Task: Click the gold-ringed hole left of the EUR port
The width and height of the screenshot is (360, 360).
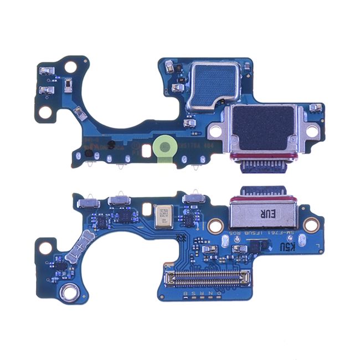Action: click(216, 225)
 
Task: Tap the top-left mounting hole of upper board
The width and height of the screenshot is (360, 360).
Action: click(70, 68)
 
